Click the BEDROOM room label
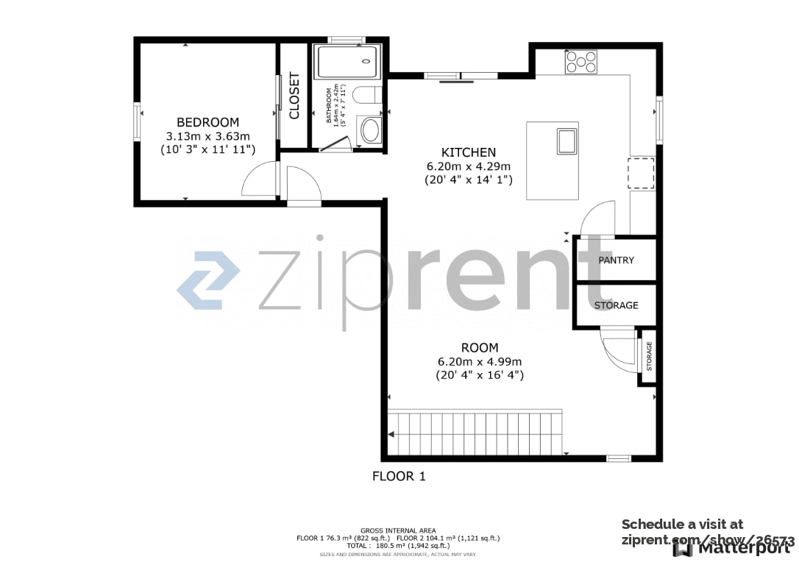click(207, 122)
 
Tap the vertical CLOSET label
click(294, 96)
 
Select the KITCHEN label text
click(469, 152)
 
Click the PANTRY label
click(616, 260)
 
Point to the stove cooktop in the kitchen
click(580, 62)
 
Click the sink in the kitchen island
click(567, 141)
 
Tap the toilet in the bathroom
click(366, 95)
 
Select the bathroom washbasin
click(370, 132)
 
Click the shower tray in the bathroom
click(347, 62)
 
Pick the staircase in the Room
click(475, 433)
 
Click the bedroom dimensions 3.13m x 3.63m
click(207, 136)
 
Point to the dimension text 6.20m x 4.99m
click(479, 361)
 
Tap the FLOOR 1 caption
click(399, 476)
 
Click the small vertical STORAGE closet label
click(649, 357)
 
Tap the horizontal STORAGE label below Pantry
click(616, 305)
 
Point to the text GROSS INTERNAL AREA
click(398, 530)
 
